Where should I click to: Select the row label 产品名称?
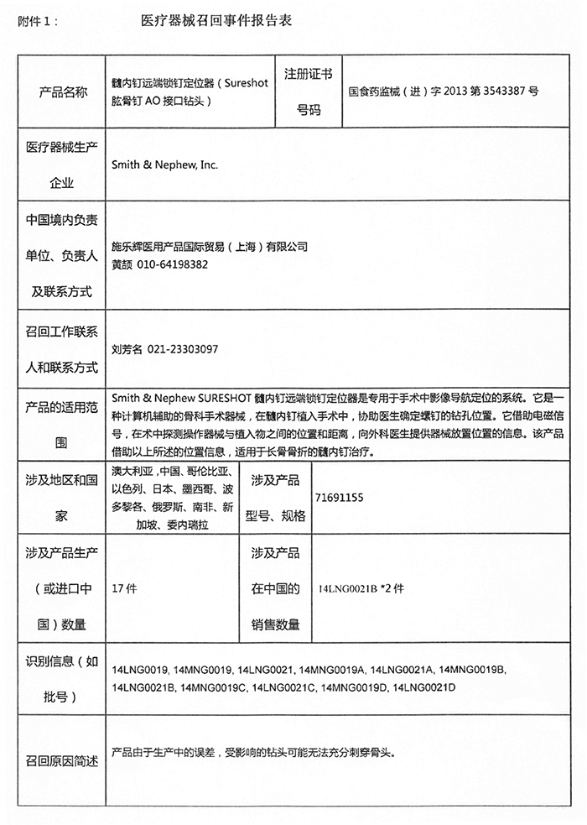63,92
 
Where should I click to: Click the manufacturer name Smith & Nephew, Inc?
164,165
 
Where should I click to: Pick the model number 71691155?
338,498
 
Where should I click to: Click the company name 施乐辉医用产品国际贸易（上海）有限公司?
210,247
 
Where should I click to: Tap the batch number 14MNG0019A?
331,671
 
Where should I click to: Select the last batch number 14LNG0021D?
423,687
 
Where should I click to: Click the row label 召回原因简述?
63,761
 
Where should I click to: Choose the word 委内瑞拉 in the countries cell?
189,524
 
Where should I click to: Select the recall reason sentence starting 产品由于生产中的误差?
252,753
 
